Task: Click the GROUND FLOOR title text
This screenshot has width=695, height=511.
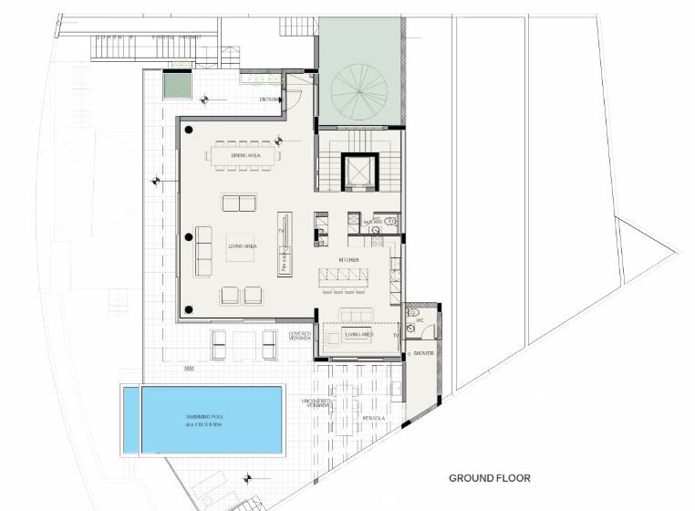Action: click(489, 478)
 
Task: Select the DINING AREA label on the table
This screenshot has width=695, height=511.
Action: click(245, 155)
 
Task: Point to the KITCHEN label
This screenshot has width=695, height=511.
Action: click(349, 260)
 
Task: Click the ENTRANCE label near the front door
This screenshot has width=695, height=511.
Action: click(270, 99)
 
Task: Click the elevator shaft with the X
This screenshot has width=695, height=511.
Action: click(358, 172)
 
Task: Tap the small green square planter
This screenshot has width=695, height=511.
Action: click(177, 86)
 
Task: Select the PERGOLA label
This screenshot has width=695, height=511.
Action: click(372, 419)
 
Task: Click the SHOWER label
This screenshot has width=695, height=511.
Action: click(422, 353)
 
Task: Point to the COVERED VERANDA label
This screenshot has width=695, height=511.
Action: click(300, 336)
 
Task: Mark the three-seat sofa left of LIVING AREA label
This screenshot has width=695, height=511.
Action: click(203, 251)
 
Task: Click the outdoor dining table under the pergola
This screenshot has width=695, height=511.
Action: click(345, 409)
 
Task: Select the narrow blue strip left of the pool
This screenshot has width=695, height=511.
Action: click(131, 420)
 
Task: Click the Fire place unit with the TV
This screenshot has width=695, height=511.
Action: click(285, 245)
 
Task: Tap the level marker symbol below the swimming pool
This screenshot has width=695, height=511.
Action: click(246, 475)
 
